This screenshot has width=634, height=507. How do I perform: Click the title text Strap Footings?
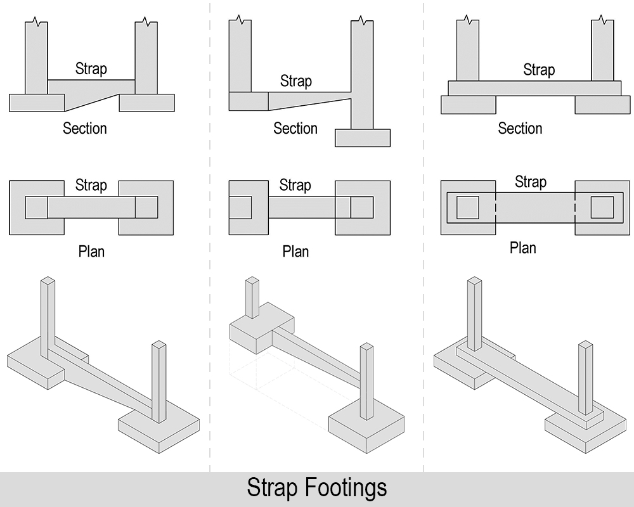click(x=316, y=489)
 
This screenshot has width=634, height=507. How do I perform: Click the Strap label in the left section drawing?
click(x=91, y=68)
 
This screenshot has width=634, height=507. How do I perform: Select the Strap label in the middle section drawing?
click(x=295, y=81)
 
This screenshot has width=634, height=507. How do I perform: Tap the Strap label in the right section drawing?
click(x=539, y=70)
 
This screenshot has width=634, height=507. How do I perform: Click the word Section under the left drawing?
click(x=84, y=129)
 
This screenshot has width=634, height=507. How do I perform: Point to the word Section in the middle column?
click(x=295, y=129)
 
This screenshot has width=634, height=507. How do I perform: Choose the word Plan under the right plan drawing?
click(x=523, y=248)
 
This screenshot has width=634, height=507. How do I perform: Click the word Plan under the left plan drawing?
click(x=91, y=252)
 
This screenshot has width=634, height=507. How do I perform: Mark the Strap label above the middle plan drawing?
click(x=295, y=186)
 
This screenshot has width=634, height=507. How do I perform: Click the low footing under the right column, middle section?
click(x=363, y=138)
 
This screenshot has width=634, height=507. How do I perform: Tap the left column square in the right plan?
click(x=468, y=207)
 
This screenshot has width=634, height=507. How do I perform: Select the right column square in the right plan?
click(x=602, y=207)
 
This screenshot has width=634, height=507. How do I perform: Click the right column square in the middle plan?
click(x=361, y=207)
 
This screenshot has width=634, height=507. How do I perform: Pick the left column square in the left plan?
click(x=36, y=207)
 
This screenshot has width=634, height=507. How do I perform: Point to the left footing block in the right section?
click(x=469, y=105)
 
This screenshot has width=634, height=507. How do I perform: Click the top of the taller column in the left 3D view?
click(x=47, y=280)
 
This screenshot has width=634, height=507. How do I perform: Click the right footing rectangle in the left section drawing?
click(x=146, y=103)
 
